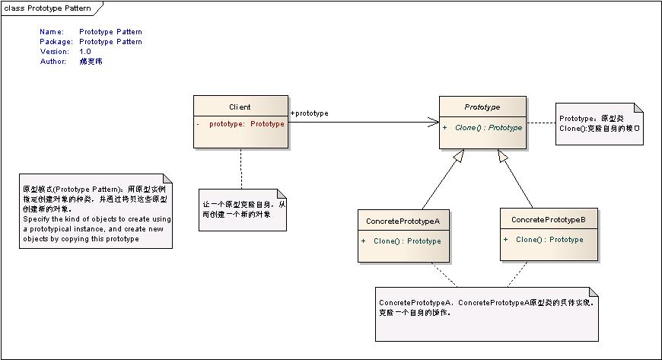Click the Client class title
coord(240,107)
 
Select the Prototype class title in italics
coord(483,107)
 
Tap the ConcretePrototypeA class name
coord(403,221)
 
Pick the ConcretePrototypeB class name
coord(548,220)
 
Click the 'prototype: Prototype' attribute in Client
coord(247,123)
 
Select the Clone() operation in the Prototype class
coord(488,128)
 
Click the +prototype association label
coord(309,113)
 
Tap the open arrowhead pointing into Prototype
coord(434,121)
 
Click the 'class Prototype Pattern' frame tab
coord(47,8)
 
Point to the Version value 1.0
coord(85,52)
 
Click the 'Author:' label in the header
coord(53,62)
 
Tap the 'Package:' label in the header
coord(56,42)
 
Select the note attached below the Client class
coord(243,209)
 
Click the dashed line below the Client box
coord(241,167)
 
